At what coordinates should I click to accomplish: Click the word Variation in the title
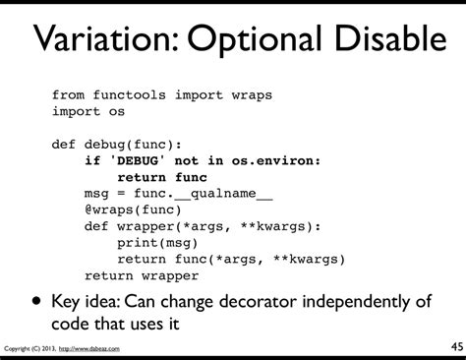(104, 41)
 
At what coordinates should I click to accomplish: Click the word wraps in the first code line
(252, 95)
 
